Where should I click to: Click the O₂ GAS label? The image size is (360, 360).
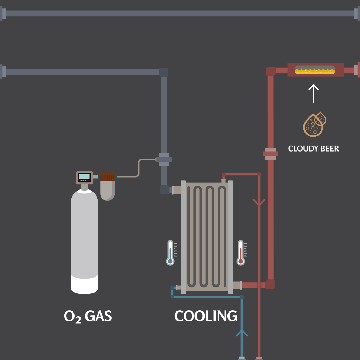(88, 316)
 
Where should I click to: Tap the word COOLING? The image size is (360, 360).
(206, 316)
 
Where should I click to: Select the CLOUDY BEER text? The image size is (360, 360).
(313, 148)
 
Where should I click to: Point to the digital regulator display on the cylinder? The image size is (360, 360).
(84, 177)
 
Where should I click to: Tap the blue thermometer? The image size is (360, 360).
(171, 252)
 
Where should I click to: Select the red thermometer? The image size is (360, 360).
(240, 252)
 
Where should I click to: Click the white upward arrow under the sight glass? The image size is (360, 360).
(313, 94)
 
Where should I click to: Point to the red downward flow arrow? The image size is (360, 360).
(259, 202)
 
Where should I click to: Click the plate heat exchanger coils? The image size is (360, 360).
(207, 236)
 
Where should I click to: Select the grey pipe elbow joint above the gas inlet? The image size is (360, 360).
(163, 72)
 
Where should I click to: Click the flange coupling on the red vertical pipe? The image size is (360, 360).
(270, 154)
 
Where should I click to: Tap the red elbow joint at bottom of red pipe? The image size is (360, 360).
(270, 284)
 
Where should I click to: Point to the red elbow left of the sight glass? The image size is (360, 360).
(270, 71)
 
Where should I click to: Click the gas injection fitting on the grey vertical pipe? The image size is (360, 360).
(164, 159)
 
